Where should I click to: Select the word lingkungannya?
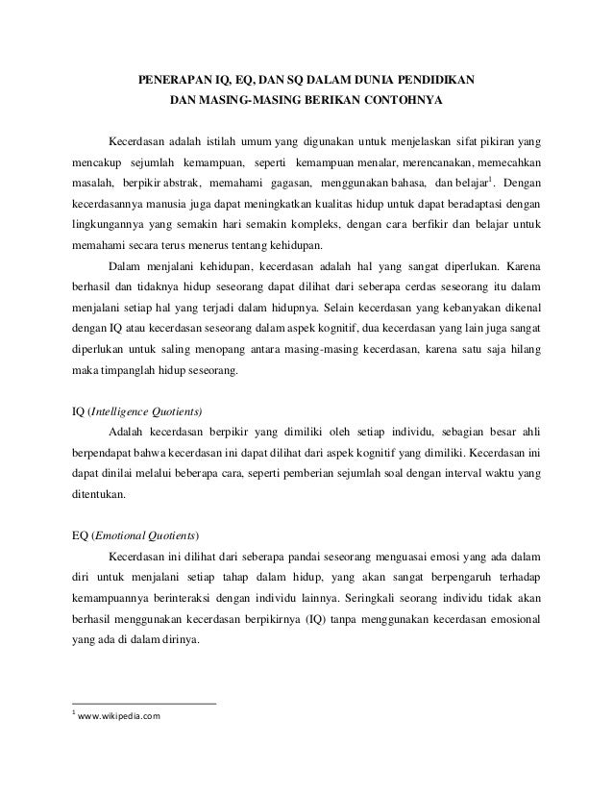(x=110, y=227)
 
